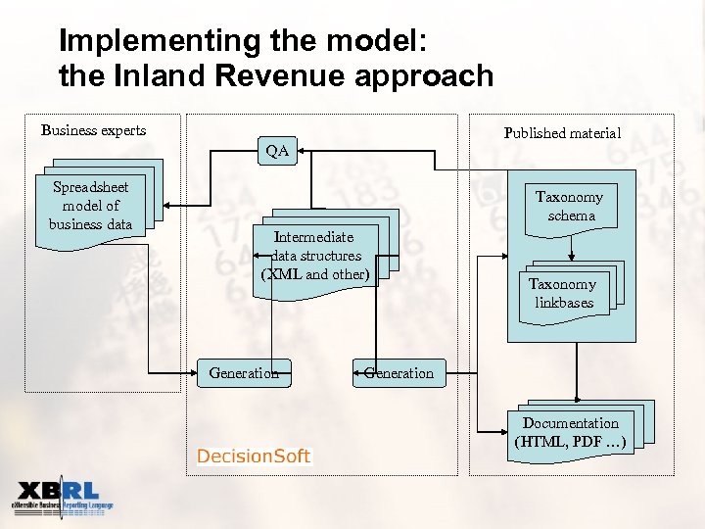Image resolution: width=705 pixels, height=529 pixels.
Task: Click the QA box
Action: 277,151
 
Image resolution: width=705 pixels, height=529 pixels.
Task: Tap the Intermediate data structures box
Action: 316,255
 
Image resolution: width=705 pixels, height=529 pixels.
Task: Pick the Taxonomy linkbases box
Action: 563,293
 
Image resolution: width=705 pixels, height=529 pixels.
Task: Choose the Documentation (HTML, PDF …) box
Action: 571,432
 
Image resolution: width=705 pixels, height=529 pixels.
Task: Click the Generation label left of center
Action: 244,372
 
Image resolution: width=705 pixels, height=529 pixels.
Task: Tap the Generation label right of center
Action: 398,372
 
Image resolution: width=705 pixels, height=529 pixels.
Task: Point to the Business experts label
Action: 94,130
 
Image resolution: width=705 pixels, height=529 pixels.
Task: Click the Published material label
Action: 562,133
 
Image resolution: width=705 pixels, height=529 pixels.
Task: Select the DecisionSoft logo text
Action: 254,456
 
